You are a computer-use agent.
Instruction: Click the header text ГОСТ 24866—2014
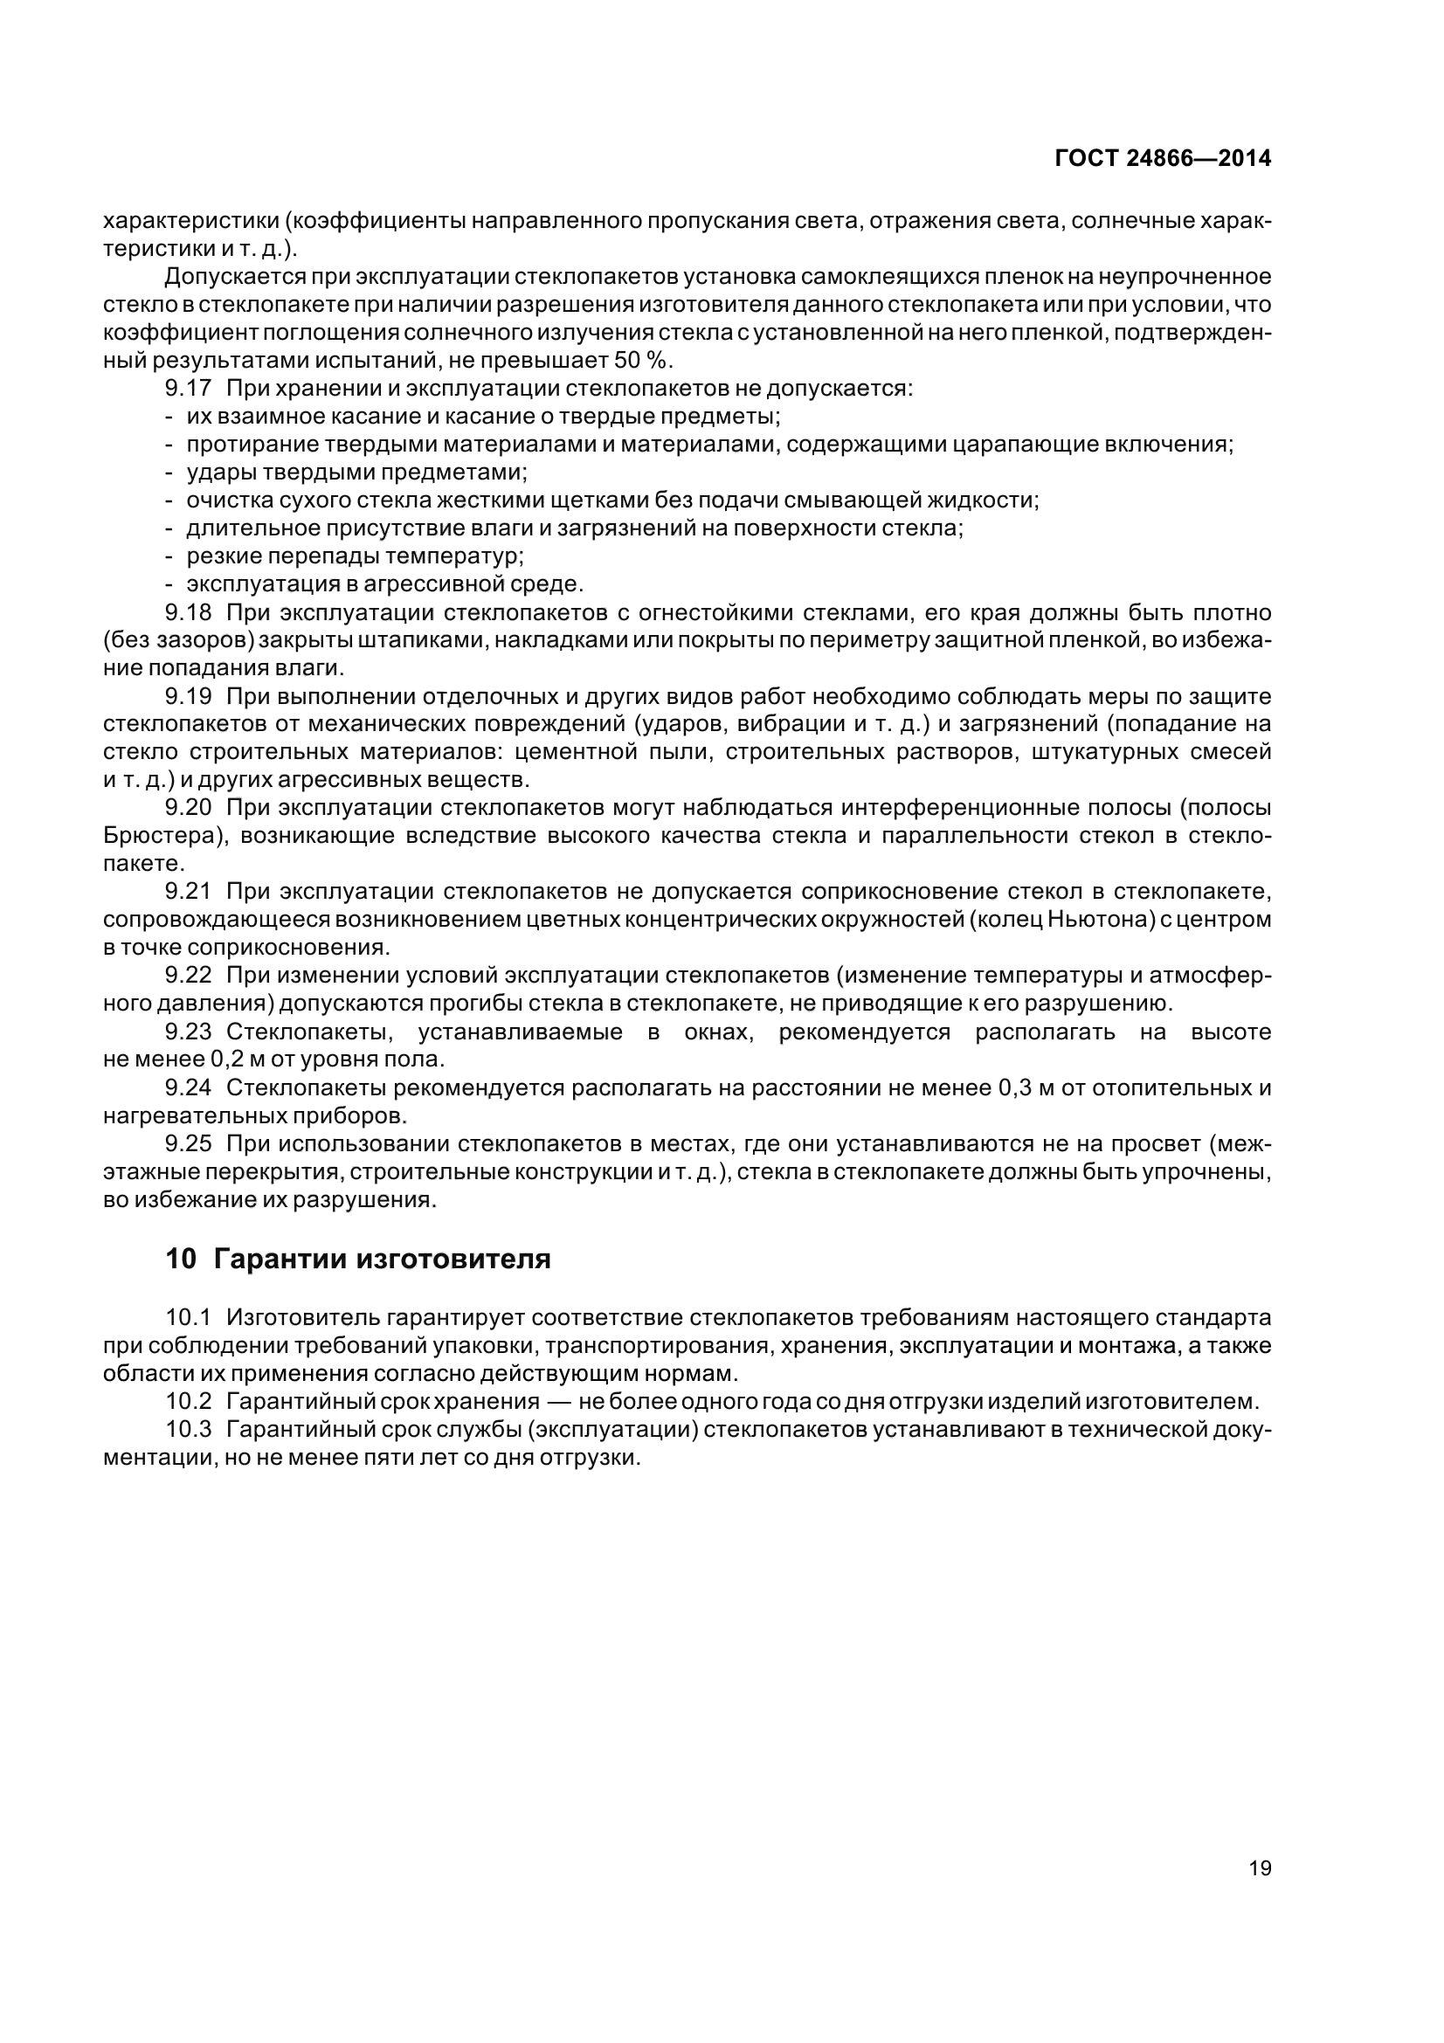[1162, 158]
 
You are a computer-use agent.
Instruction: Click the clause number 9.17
[188, 388]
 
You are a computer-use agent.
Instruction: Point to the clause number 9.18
[188, 612]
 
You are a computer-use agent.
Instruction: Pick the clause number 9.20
[188, 807]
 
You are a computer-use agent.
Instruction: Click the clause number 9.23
[188, 1032]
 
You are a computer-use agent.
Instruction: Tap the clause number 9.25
[188, 1143]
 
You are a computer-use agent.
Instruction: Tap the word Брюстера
[160, 836]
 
